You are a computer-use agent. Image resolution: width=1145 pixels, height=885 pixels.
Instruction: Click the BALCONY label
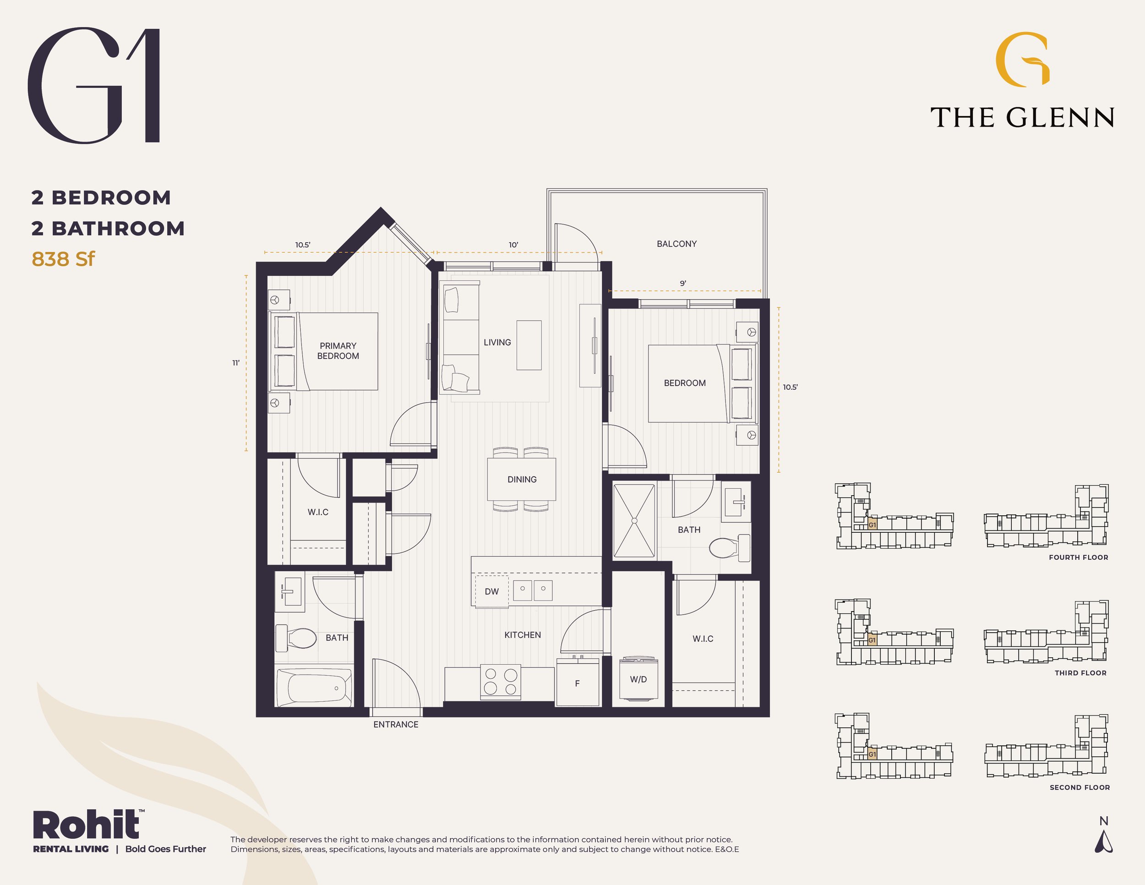[676, 244]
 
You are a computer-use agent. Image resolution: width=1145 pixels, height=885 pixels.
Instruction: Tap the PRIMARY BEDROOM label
[338, 351]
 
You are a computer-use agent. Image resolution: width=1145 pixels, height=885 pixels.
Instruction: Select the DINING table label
[522, 479]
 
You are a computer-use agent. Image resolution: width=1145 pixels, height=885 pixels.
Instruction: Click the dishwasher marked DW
[492, 591]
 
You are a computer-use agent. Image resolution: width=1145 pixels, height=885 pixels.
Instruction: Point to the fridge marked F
[578, 683]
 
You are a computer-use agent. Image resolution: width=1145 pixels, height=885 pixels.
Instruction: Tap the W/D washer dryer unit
[638, 678]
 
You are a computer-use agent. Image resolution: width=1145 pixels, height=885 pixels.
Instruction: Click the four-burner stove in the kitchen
[501, 682]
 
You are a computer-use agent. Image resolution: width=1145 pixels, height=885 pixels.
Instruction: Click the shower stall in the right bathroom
[634, 521]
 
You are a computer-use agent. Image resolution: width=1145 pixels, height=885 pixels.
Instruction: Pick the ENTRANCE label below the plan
[396, 725]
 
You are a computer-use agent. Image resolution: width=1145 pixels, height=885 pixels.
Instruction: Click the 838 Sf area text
[64, 259]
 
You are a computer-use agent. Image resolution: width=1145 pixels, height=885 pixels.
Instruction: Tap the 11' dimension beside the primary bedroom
[236, 363]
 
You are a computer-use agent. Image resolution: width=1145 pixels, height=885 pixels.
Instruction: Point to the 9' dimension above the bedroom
[683, 284]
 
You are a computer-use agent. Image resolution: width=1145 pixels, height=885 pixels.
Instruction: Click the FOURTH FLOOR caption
[1079, 557]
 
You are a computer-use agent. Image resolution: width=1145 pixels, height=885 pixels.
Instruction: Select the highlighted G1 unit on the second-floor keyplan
[872, 754]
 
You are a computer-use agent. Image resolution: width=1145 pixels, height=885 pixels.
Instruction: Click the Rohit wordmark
[87, 825]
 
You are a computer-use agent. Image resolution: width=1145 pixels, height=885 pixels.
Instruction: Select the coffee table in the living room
[529, 345]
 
